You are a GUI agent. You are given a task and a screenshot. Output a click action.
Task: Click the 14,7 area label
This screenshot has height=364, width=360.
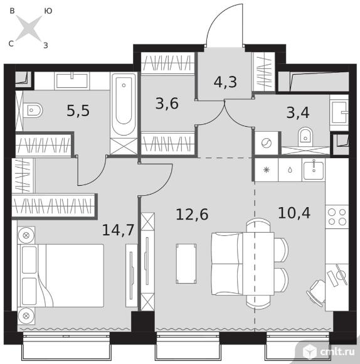click(x=118, y=230)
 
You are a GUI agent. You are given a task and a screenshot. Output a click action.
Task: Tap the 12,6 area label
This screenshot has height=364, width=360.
click(x=192, y=214)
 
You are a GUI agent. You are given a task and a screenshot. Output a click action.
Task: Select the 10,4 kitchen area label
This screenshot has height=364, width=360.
click(x=294, y=213)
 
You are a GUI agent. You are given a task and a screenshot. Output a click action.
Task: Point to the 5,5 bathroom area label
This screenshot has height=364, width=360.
click(x=78, y=110)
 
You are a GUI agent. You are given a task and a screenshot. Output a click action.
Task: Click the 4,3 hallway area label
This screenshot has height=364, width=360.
click(x=225, y=82)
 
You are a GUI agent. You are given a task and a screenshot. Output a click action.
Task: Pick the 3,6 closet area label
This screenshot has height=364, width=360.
click(x=167, y=104)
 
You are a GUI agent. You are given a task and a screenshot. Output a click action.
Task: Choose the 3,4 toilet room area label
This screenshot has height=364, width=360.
click(x=298, y=112)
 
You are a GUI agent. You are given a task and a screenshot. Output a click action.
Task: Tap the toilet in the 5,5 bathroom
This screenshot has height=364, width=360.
click(x=33, y=110)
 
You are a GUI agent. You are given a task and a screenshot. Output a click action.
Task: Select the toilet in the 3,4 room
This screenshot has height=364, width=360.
click(x=305, y=137)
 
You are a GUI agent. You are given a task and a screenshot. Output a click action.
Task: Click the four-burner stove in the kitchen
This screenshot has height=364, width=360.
click(x=337, y=217)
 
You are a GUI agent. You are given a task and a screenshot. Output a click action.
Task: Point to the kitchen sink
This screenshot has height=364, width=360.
click(x=314, y=169)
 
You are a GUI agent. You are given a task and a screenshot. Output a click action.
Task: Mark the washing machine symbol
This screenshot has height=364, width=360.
click(x=267, y=143)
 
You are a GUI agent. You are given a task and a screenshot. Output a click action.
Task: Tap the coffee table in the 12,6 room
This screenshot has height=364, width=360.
click(x=186, y=264)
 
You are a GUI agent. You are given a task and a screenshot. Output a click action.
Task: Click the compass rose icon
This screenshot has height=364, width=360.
click(x=29, y=28)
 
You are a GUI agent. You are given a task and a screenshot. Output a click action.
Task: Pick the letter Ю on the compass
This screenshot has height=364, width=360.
click(x=48, y=11)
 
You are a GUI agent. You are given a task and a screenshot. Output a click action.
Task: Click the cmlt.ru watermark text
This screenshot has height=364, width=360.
click(x=337, y=352)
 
